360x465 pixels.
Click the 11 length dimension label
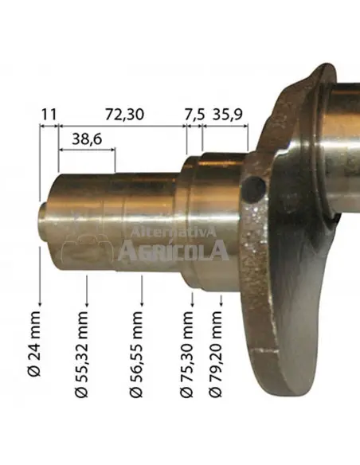tap(49, 115)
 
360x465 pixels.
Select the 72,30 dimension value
tap(124, 115)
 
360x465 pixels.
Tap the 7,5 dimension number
tap(194, 115)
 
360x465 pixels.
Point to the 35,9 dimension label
tap(228, 115)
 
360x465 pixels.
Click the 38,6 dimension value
tap(87, 139)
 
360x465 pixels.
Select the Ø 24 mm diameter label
tap(34, 344)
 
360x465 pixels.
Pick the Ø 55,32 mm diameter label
tap(81, 354)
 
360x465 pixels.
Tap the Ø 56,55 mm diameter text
tap(136, 354)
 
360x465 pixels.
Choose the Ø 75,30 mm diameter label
tap(186, 354)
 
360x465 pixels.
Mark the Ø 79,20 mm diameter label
tap(215, 354)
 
